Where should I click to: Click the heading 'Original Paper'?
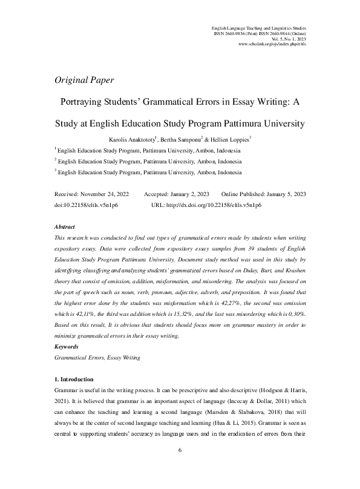[x=84, y=80]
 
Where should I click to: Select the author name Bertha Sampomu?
[x=182, y=140]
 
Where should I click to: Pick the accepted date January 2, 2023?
[x=189, y=194]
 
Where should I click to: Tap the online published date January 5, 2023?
[x=283, y=194]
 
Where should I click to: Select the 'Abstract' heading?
[x=65, y=226]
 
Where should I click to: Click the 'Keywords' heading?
[x=67, y=347]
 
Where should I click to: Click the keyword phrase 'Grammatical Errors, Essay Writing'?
[x=97, y=358]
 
